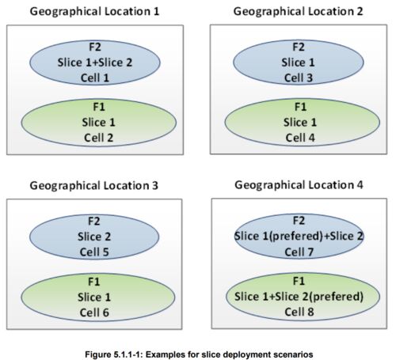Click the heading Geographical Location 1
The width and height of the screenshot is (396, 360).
[94, 12]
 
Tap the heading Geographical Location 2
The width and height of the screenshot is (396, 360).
[298, 12]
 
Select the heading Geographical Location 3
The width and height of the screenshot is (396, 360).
[94, 186]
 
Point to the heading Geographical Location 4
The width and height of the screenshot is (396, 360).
[299, 185]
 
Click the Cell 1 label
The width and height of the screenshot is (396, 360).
[95, 78]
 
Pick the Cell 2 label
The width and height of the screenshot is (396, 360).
[98, 138]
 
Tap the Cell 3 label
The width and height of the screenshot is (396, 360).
[299, 78]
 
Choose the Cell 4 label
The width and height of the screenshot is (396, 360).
[300, 138]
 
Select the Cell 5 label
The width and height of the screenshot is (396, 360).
[94, 252]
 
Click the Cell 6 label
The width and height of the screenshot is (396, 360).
[94, 313]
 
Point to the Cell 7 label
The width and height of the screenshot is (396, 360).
[299, 252]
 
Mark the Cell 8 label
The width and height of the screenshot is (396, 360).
[299, 312]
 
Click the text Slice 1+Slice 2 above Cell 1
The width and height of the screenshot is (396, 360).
[95, 63]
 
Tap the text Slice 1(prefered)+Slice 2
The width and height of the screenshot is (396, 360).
[299, 236]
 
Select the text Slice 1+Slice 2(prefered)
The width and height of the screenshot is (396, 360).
[299, 297]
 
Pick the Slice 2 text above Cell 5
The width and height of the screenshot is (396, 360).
[94, 237]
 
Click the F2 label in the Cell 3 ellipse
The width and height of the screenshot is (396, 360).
[299, 47]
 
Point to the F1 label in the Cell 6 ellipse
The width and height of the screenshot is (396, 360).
[94, 282]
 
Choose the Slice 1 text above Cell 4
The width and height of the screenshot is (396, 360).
[300, 122]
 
